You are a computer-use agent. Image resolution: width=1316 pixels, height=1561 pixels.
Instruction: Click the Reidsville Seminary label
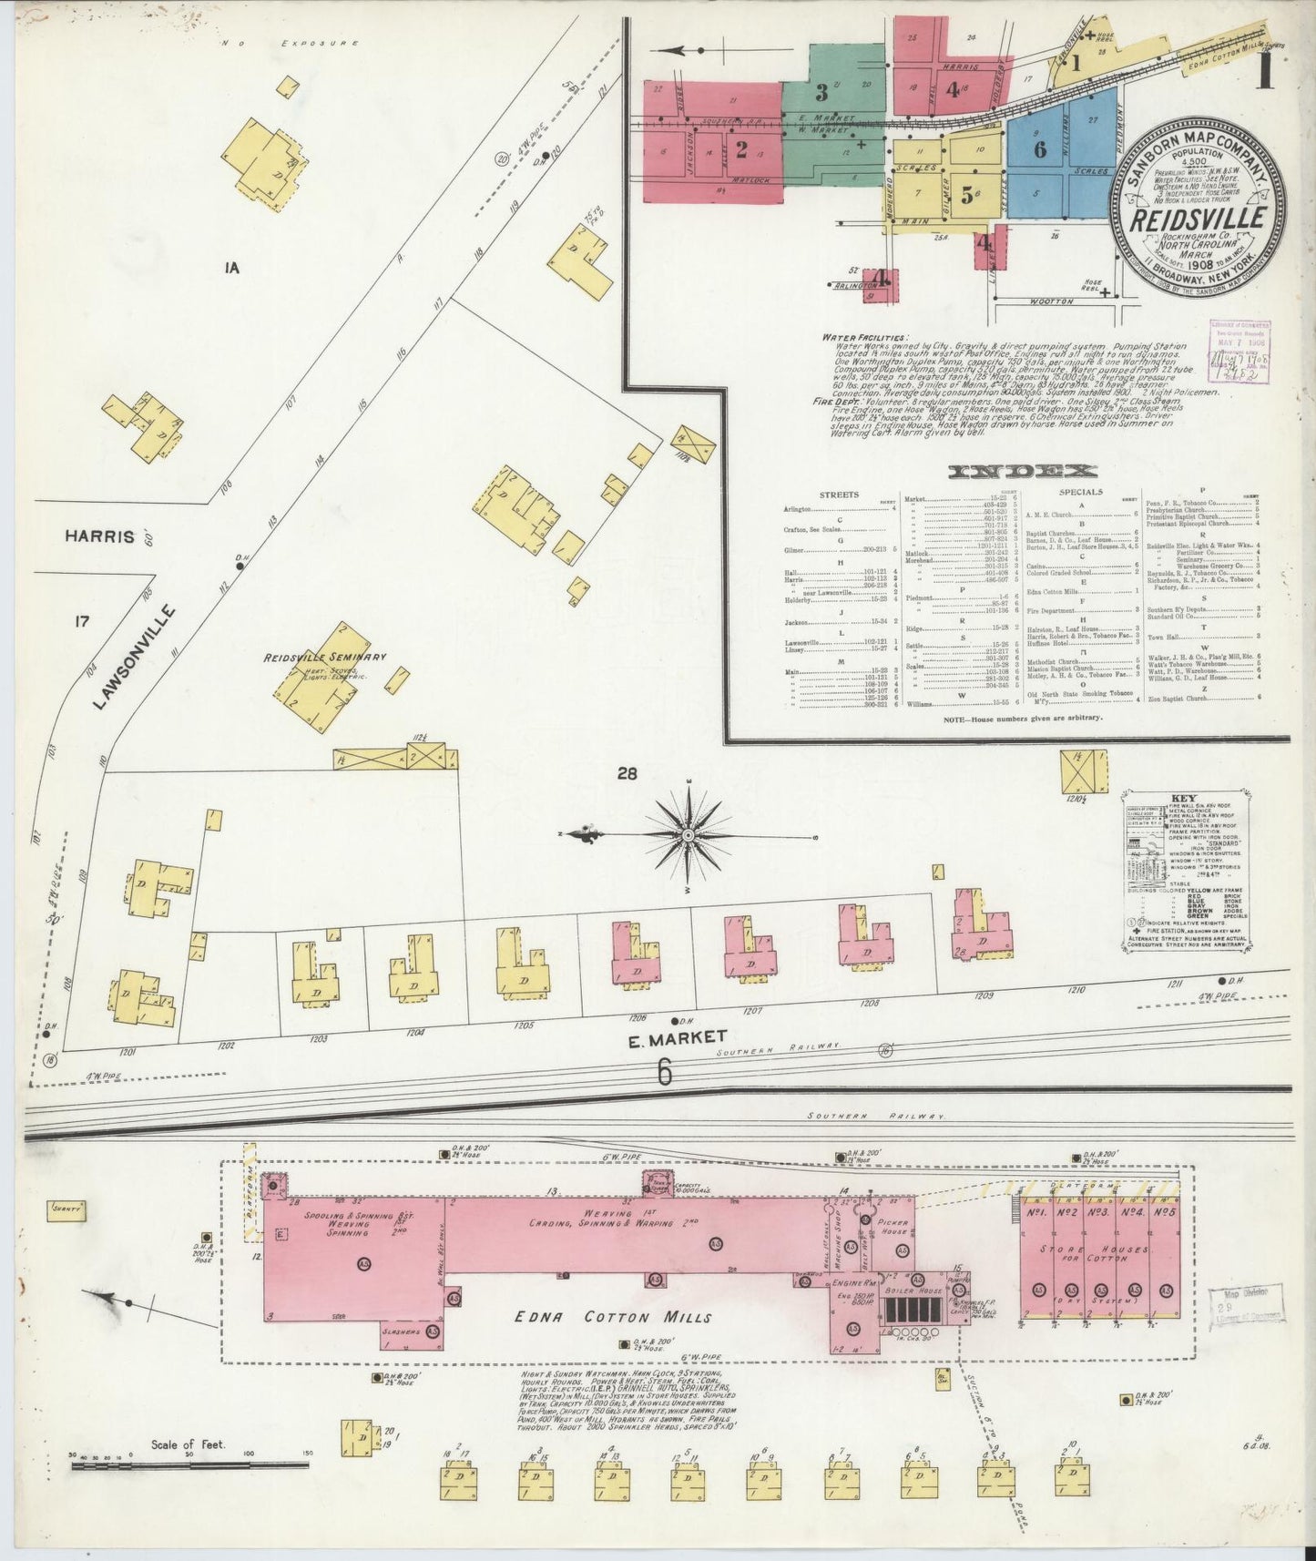pos(325,657)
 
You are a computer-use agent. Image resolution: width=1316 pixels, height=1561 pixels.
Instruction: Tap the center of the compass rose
pos(689,834)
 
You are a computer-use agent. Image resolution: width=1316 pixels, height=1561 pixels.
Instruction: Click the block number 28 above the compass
pos(627,774)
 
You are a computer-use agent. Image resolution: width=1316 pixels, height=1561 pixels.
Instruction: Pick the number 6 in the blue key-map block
pos(1039,150)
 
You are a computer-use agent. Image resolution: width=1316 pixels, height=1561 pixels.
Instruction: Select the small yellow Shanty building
pos(68,1209)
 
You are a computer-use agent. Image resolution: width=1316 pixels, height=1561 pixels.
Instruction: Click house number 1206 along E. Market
pos(637,1016)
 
